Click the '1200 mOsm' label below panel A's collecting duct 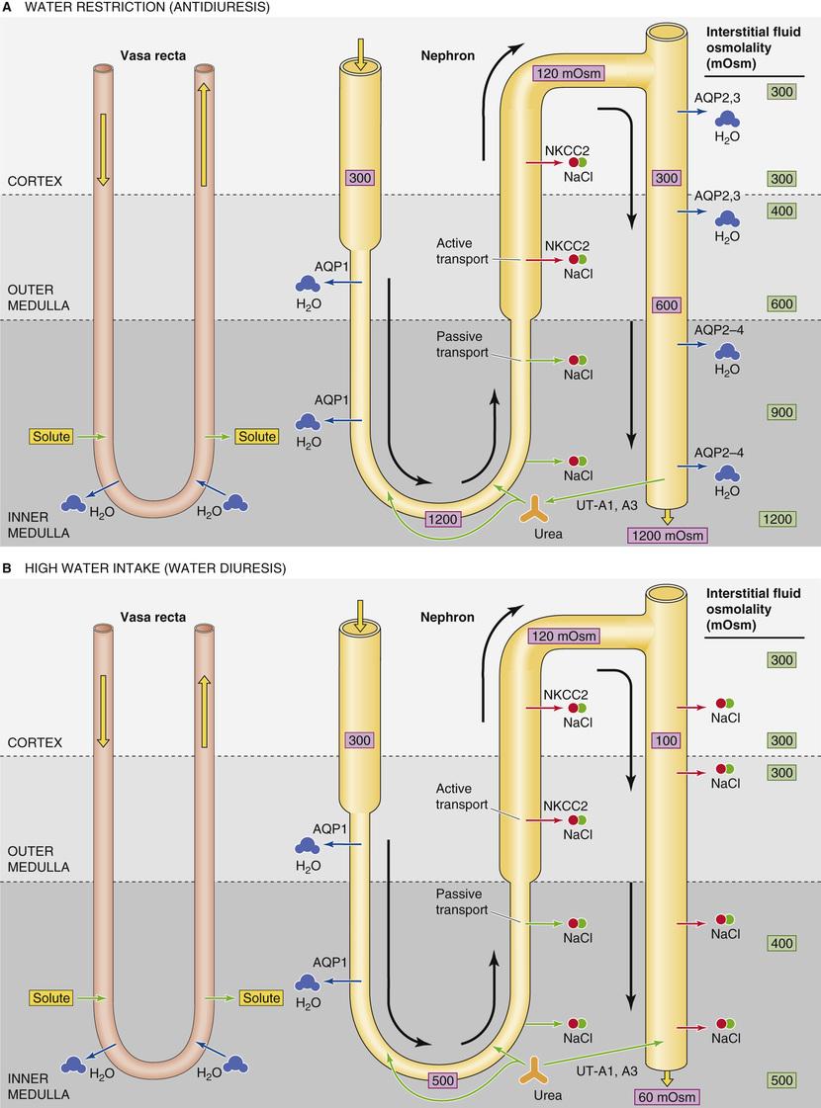(667, 535)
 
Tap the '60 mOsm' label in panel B (667, 1097)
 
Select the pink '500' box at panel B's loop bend (444, 1080)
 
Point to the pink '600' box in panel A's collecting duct (666, 306)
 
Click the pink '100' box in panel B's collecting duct (666, 739)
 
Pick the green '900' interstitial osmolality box (781, 412)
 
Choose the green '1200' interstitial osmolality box (781, 519)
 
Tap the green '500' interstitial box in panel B (781, 1080)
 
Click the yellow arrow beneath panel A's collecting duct (667, 515)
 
